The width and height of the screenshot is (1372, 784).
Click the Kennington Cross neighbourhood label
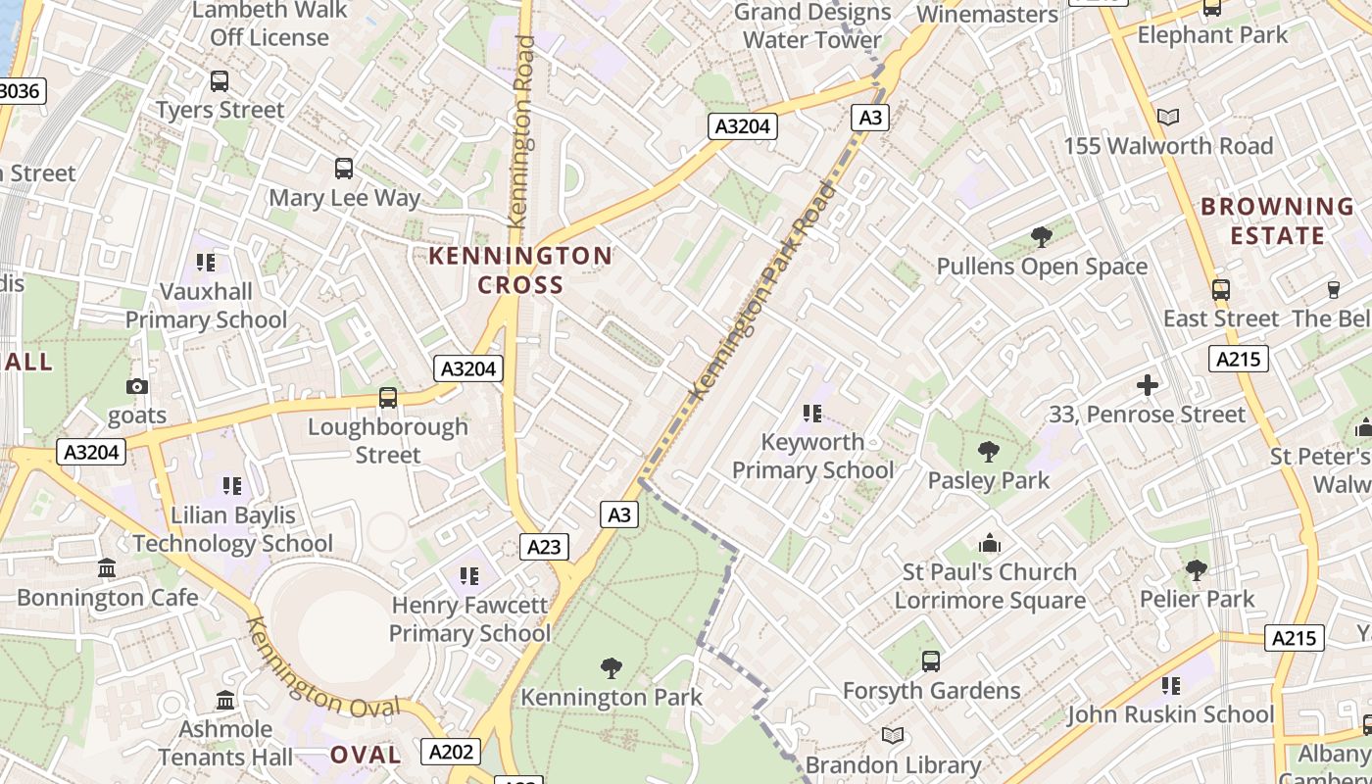click(x=520, y=270)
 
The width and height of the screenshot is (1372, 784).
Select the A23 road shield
click(x=544, y=547)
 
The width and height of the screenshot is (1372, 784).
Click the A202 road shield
click(x=452, y=752)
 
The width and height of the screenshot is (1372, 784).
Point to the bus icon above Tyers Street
click(x=220, y=81)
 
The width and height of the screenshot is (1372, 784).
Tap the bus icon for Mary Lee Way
click(x=344, y=169)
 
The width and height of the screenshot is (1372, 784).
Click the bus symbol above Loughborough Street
click(x=388, y=398)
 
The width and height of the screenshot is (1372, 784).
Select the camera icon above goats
click(x=137, y=386)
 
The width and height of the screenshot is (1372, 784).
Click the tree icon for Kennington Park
click(x=612, y=668)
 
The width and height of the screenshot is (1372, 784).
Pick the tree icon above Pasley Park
click(x=989, y=452)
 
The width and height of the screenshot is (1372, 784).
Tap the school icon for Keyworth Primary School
click(x=812, y=414)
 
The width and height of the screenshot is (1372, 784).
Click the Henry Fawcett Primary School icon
click(x=468, y=575)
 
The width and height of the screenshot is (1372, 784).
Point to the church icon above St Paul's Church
click(x=990, y=543)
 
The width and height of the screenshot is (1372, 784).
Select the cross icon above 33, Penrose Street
click(x=1147, y=385)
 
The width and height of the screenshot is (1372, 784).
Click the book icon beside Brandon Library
click(x=893, y=735)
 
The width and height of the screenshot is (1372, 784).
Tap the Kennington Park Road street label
click(x=765, y=290)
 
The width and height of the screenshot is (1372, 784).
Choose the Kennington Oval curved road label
click(x=322, y=670)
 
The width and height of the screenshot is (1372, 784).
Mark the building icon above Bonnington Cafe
click(x=107, y=568)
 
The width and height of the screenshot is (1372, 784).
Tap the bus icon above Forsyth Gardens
click(x=931, y=661)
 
